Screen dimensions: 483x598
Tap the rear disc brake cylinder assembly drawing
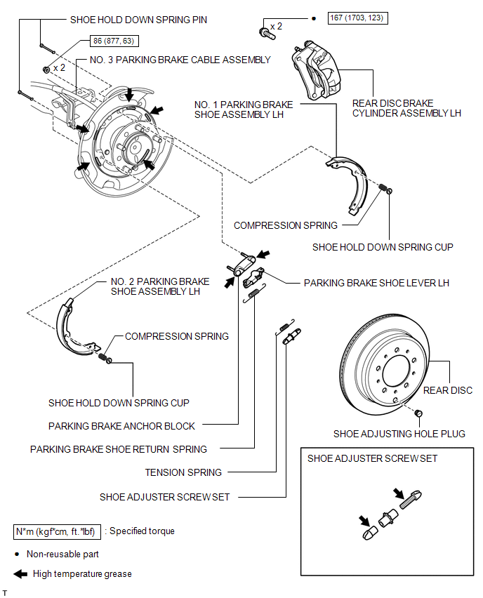coord(316,72)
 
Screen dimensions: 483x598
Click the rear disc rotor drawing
coord(383,367)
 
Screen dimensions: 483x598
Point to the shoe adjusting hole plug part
coord(418,413)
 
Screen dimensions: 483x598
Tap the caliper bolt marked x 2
coord(267,34)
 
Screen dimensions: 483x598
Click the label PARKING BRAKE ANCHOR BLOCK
coord(121,426)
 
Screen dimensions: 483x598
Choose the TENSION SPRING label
coord(183,472)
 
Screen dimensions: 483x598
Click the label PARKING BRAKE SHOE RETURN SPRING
coord(119,449)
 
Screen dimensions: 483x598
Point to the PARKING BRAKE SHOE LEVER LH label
coord(376,283)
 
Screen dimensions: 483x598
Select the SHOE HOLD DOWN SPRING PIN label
coord(138,20)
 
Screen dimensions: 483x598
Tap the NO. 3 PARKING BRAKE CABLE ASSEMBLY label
coord(180,60)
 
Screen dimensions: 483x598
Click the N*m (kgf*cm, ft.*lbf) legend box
coord(58,531)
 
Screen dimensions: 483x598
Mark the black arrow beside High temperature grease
coord(20,574)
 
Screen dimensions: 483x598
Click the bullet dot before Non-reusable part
coord(17,554)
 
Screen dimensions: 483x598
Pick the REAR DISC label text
coord(448,390)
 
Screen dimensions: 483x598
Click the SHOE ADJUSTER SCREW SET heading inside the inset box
coord(372,458)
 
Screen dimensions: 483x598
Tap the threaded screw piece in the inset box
coord(411,500)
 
